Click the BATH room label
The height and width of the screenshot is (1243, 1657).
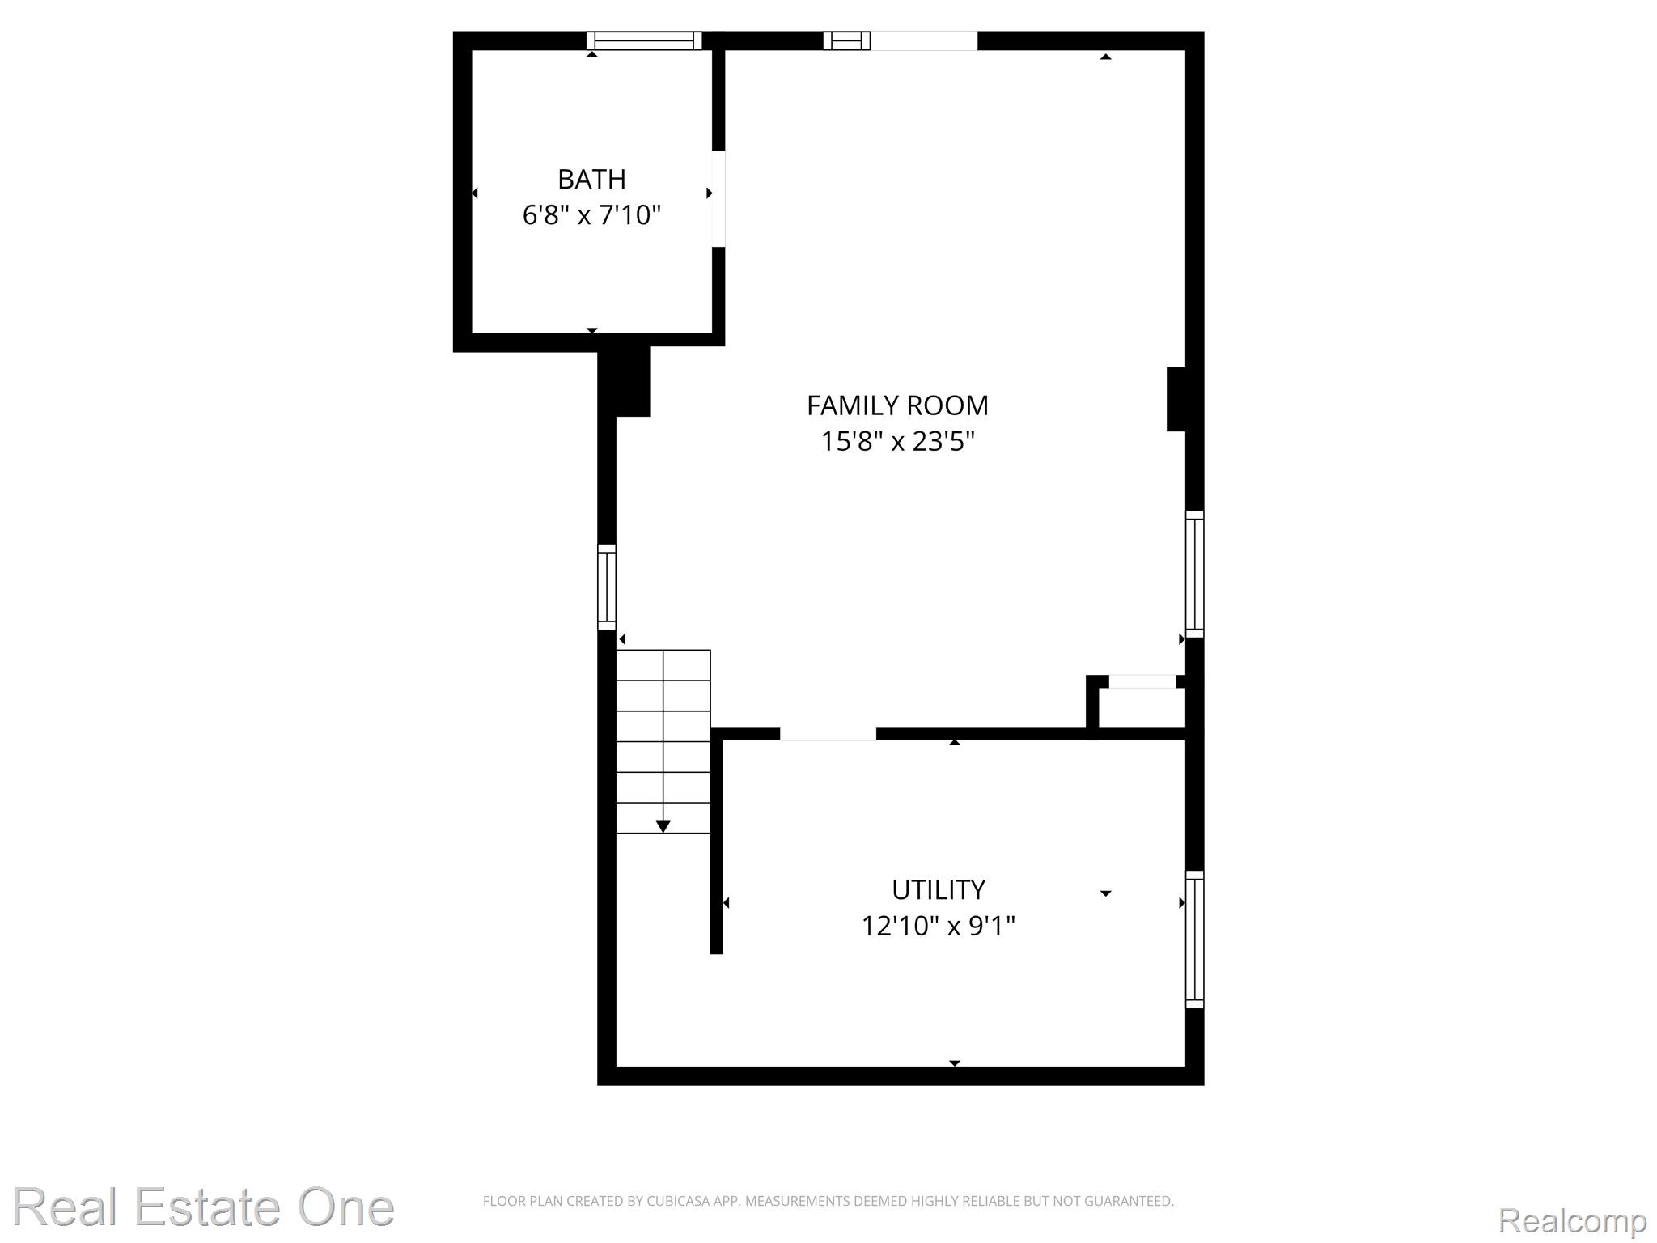point(591,179)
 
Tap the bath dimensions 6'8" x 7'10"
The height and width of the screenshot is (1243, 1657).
point(591,215)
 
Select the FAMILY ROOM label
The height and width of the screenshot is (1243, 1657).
point(897,405)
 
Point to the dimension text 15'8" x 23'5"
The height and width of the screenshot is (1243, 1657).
point(897,442)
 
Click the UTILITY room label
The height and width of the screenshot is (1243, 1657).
point(939,890)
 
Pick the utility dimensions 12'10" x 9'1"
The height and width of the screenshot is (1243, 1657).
point(939,926)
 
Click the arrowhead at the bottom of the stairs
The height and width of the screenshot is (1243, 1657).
point(663,826)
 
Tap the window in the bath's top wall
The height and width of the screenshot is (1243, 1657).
point(644,40)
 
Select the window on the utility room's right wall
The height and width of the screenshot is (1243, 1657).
point(1195,939)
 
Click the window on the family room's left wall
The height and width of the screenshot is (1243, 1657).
point(607,587)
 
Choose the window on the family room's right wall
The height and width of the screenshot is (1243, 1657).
point(1195,574)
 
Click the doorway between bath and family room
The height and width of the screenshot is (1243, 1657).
point(718,198)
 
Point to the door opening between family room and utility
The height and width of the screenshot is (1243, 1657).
point(828,734)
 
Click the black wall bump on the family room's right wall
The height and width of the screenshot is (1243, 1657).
point(1176,399)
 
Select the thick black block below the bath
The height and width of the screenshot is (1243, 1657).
point(624,381)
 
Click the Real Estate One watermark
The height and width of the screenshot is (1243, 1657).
point(203,1207)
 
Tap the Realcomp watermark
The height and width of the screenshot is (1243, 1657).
point(1572,1220)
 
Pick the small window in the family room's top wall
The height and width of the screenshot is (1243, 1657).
point(847,40)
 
